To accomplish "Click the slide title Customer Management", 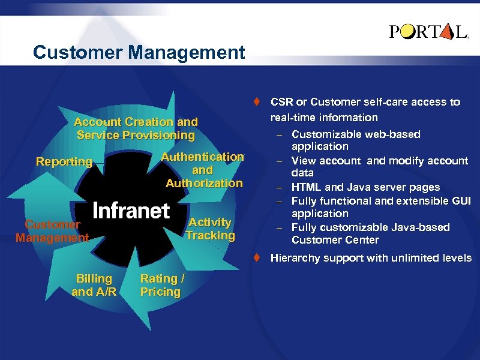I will (139, 53).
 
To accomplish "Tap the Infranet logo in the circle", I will (131, 211).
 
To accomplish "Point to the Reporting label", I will (64, 161).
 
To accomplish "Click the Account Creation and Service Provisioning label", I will (136, 129).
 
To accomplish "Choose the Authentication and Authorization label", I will (203, 170).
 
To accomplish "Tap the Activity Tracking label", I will (210, 229).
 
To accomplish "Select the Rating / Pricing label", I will (160, 285).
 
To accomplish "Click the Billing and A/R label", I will (94, 285).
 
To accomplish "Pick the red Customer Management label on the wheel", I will (52, 231).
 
